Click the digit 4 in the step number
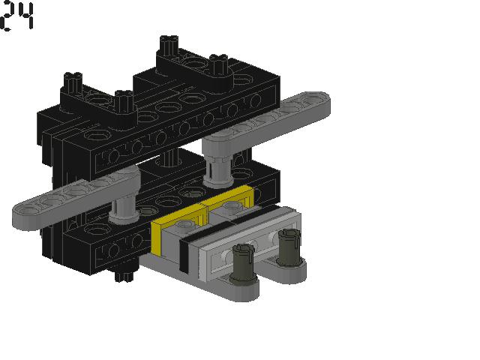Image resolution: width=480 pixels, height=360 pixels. (x=27, y=16)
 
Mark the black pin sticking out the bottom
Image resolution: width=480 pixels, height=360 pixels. (x=120, y=277)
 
